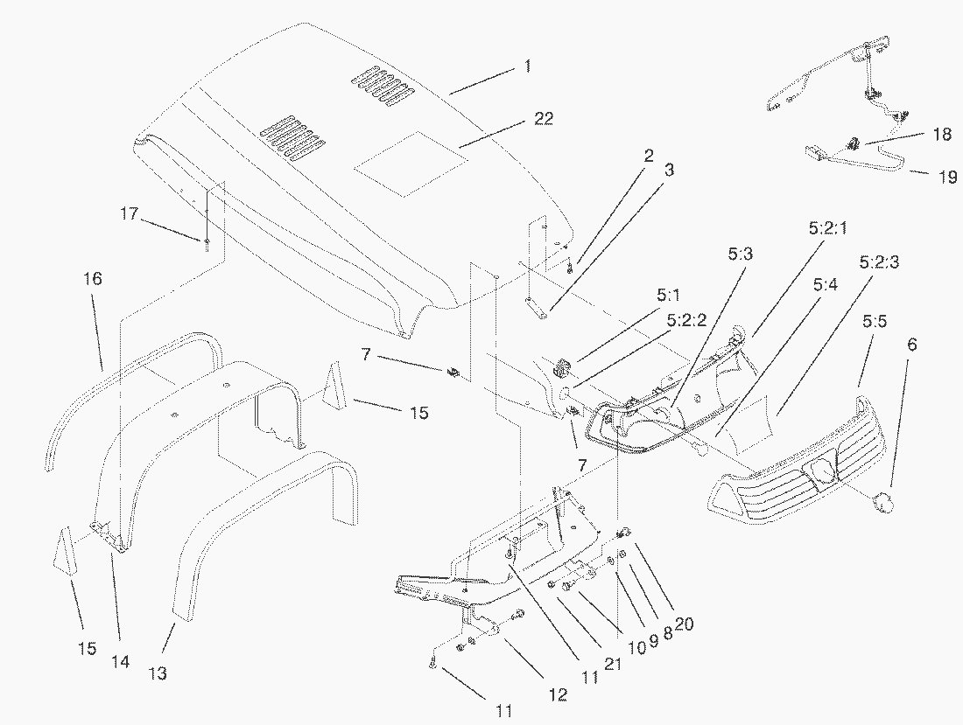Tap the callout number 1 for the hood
(x=527, y=66)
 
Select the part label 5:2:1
(x=824, y=228)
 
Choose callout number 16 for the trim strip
(x=93, y=279)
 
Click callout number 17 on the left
(x=130, y=213)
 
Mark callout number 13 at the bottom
(x=158, y=673)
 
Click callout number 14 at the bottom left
(x=120, y=662)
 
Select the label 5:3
(x=740, y=254)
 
